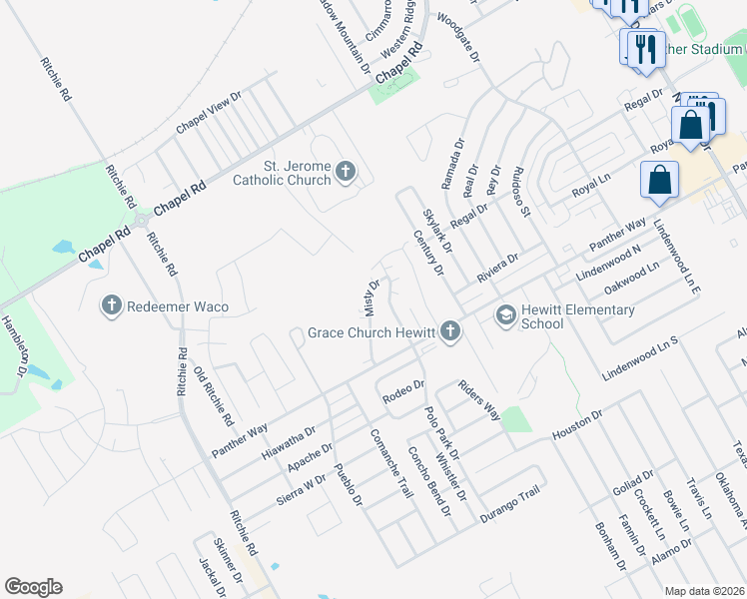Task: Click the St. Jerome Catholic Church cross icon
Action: (346, 173)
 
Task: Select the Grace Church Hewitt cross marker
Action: (451, 331)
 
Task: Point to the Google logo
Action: (33, 587)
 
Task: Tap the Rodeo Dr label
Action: (403, 391)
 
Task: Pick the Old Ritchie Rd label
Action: (214, 394)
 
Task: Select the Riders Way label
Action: (478, 399)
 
